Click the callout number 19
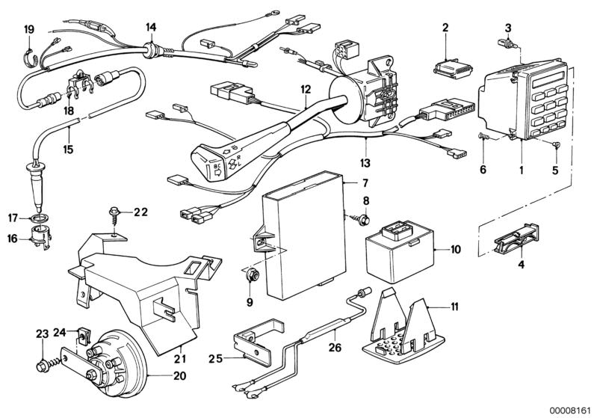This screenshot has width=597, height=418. coord(29,29)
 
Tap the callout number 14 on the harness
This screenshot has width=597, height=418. coord(151,28)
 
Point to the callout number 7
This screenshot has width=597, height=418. coord(365,182)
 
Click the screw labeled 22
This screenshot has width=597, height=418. coord(115,214)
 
